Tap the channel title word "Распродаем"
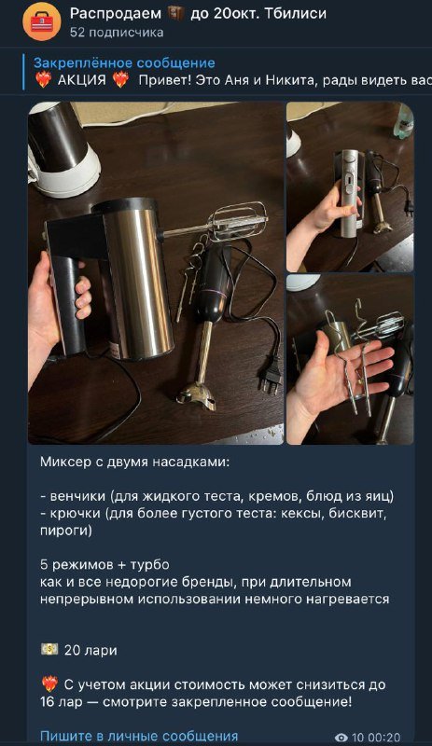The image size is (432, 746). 111,13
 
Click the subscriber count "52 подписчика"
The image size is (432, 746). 117,33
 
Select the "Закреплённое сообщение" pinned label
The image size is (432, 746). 124,62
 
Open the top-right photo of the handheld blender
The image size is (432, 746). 349,186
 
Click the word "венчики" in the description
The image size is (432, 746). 81,494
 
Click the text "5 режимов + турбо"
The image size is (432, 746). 102,565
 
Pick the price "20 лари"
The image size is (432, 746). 91,650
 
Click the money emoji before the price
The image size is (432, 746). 49,649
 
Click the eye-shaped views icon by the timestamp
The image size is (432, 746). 341,738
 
